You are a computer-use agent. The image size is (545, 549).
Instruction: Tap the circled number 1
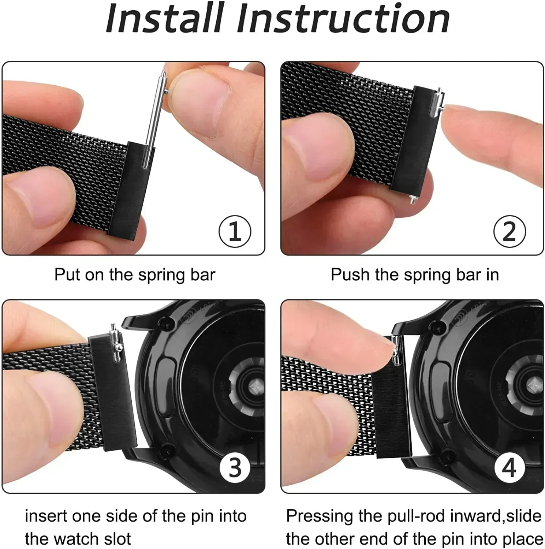[x=235, y=231]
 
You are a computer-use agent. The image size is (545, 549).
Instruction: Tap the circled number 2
[x=509, y=231]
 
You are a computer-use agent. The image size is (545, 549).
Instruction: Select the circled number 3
[x=235, y=467]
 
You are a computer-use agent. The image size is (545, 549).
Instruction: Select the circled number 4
[x=509, y=467]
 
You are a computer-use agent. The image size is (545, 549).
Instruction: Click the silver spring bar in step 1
[x=154, y=121]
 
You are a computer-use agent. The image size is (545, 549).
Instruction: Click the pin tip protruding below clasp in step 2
[x=413, y=199]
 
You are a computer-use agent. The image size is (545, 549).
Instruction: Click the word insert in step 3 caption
[x=46, y=516]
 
